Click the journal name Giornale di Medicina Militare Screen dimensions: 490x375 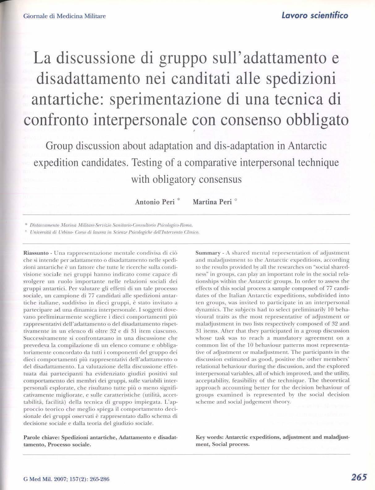tap(64, 16)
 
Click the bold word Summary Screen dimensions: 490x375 tap(208, 253)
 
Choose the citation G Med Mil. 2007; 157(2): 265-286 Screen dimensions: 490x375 tap(66, 479)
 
